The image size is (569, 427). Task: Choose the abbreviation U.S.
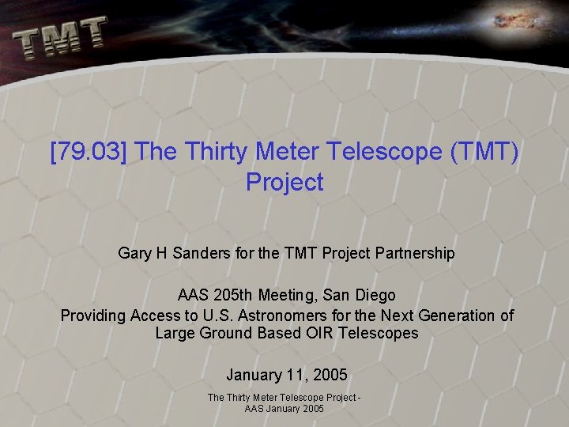click(x=226, y=316)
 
